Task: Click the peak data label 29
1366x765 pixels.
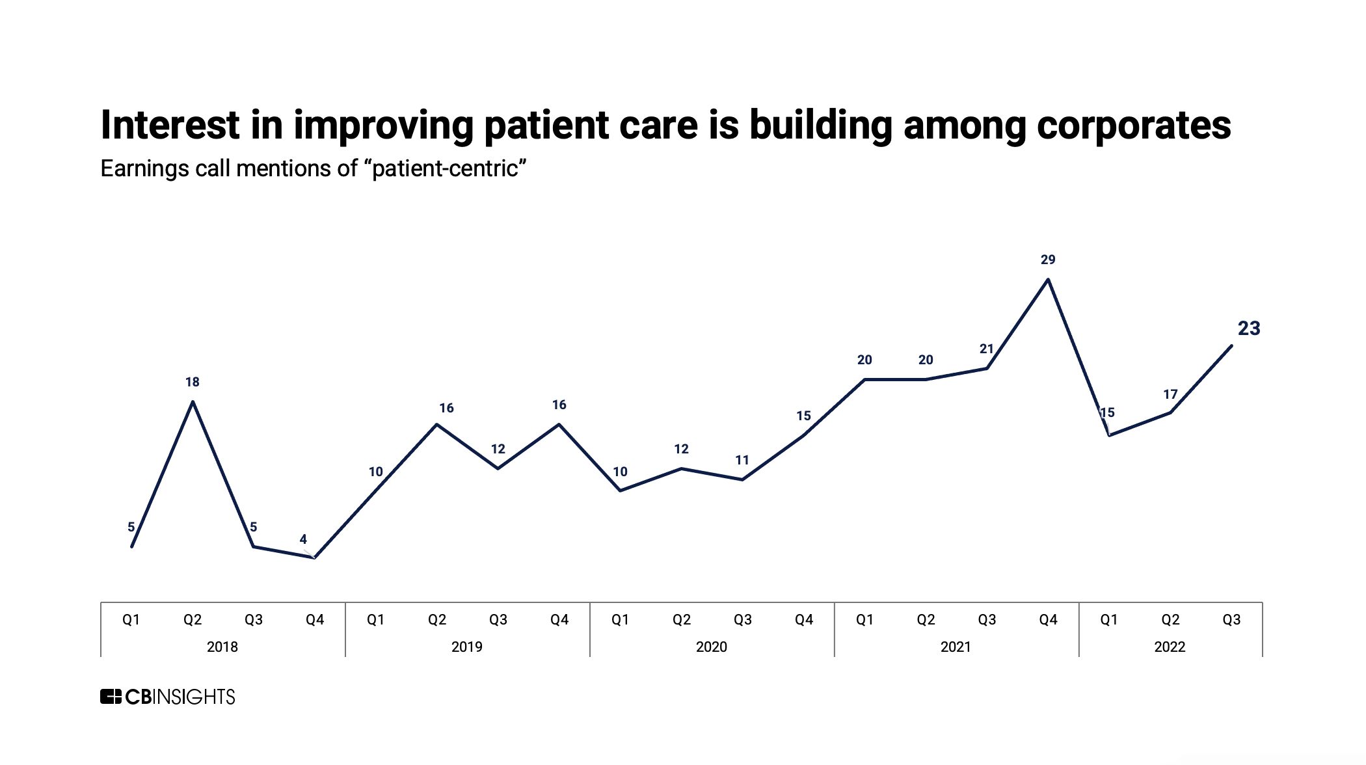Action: click(x=1047, y=260)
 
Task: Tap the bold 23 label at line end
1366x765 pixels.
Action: click(x=1248, y=329)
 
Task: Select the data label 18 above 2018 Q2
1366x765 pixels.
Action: click(x=192, y=382)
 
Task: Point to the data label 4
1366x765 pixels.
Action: click(x=303, y=539)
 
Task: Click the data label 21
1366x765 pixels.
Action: click(x=986, y=349)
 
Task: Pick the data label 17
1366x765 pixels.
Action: click(x=1170, y=394)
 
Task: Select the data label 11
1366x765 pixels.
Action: click(x=742, y=460)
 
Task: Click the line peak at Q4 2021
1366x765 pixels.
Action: click(x=1048, y=280)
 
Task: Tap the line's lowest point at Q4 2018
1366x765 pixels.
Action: click(x=315, y=557)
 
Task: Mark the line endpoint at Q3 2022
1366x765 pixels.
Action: click(x=1231, y=346)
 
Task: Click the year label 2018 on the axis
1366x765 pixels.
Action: click(x=222, y=647)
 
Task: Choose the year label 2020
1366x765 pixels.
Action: click(x=711, y=647)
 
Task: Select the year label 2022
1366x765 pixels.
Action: click(x=1170, y=647)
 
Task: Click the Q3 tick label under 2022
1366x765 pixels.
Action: click(x=1231, y=619)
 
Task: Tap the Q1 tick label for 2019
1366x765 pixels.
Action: click(x=375, y=619)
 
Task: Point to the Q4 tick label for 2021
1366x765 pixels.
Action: click(x=1048, y=619)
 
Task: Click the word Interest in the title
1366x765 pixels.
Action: click(x=170, y=125)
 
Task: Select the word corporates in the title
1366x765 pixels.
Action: click(x=1133, y=125)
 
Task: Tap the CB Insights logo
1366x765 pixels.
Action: click(x=167, y=697)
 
